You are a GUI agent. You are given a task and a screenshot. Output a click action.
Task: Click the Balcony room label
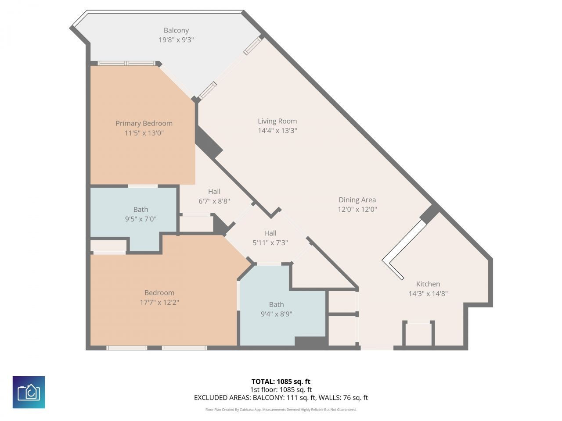(176, 30)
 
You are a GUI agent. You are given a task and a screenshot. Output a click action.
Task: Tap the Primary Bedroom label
(144, 124)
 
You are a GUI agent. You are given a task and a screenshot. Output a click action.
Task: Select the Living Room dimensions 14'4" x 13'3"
(277, 131)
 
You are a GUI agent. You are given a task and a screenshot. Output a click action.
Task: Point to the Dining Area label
(357, 200)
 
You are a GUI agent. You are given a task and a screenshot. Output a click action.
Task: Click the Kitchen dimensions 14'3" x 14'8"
(428, 293)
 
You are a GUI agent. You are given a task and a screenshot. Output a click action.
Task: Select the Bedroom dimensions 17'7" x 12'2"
(159, 303)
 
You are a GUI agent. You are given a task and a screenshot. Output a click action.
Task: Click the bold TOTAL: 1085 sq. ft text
(281, 382)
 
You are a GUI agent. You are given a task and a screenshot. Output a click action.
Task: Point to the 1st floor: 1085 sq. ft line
(281, 389)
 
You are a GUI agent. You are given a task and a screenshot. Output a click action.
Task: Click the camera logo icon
(29, 392)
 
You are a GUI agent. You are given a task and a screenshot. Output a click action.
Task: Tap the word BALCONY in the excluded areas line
(268, 398)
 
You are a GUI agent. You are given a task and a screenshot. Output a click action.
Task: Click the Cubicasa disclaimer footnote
(281, 410)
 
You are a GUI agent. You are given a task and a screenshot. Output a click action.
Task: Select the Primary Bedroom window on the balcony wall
(126, 64)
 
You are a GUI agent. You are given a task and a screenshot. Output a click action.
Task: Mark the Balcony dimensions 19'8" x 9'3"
(176, 40)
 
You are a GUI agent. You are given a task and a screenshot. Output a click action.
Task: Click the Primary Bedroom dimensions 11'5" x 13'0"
(144, 133)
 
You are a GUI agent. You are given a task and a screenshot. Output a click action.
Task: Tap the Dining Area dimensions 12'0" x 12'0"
(357, 210)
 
